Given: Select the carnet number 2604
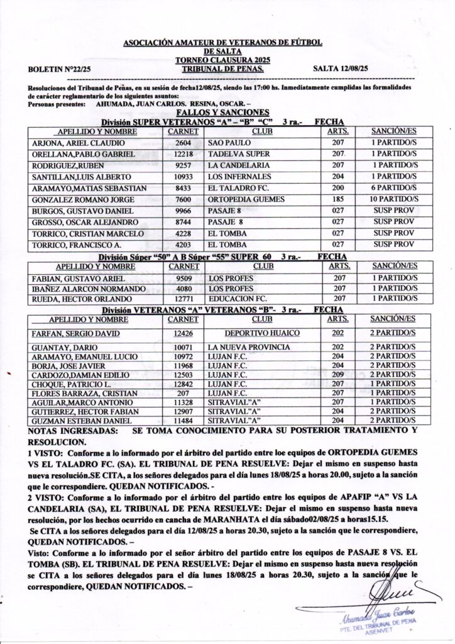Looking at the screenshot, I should [x=183, y=143].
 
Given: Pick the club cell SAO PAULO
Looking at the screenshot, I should [x=229, y=143].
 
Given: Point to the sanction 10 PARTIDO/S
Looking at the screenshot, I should [x=394, y=199].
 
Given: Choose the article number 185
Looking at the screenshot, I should [x=339, y=199].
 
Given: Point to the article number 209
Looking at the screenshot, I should [x=339, y=375].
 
